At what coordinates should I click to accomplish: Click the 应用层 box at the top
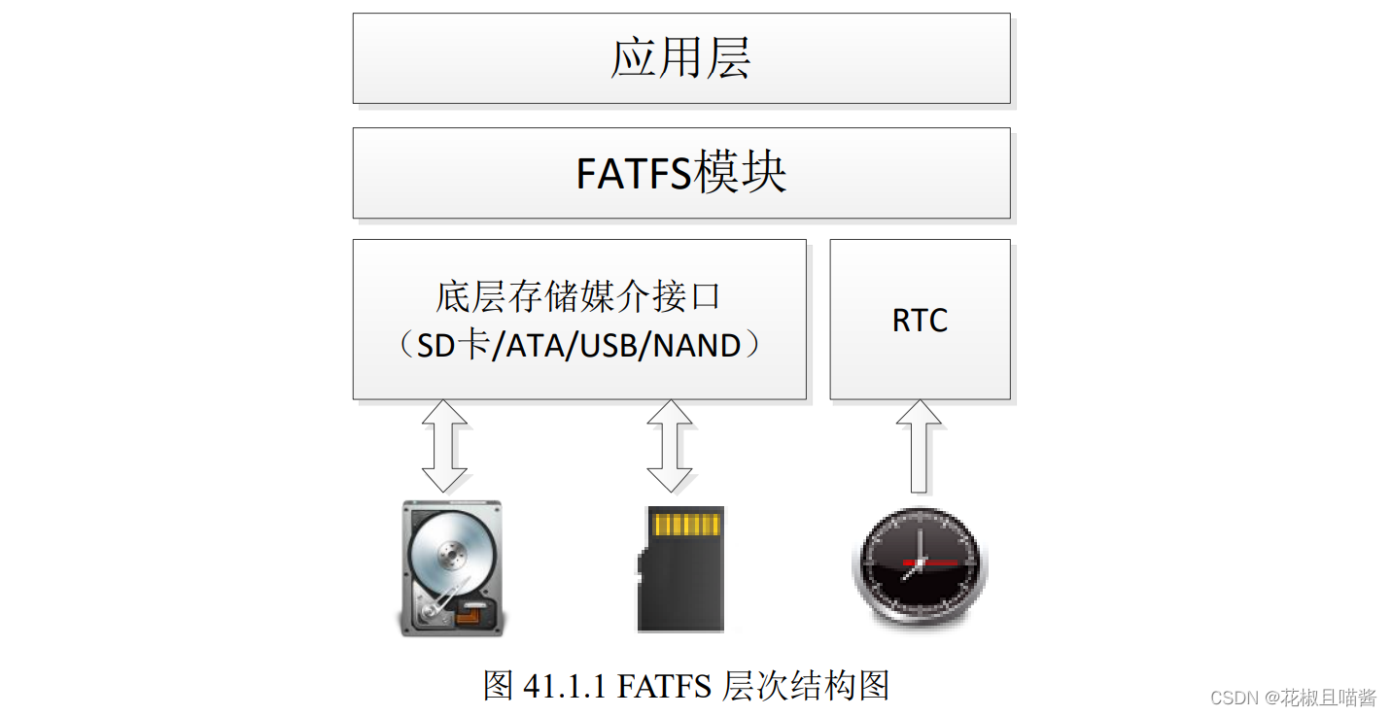tap(680, 58)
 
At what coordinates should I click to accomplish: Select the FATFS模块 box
tap(680, 173)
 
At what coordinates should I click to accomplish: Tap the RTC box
tap(920, 320)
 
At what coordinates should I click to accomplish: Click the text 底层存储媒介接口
tap(578, 296)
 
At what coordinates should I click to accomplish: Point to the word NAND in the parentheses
tap(697, 345)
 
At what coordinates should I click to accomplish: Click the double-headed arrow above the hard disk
tap(445, 446)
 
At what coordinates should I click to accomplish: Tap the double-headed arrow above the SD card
tap(670, 446)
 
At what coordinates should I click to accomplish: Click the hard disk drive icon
tap(452, 568)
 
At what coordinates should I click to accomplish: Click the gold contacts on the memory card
tap(687, 525)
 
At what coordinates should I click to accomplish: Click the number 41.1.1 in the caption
tap(565, 686)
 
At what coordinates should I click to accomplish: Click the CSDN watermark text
tap(1234, 698)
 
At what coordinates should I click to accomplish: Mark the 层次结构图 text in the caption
tap(806, 686)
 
